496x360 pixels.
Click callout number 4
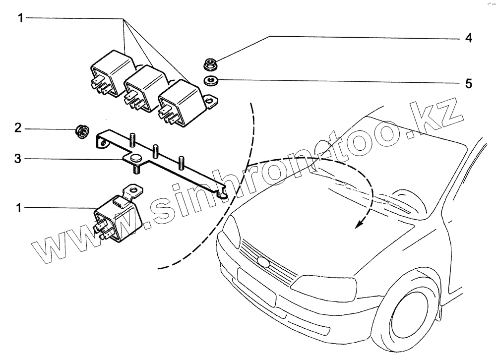click(x=468, y=38)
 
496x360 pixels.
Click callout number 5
click(x=468, y=83)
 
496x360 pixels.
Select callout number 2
click(x=18, y=128)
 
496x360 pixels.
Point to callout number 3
click(x=18, y=159)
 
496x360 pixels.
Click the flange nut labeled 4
click(x=209, y=64)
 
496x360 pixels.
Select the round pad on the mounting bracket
click(x=135, y=158)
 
